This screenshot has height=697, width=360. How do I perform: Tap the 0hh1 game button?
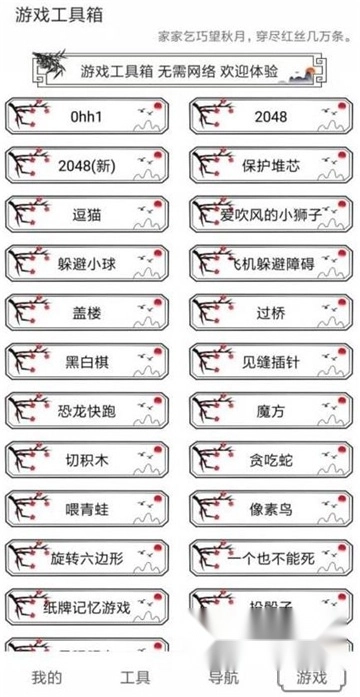click(x=89, y=116)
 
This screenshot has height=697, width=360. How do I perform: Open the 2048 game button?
click(x=271, y=116)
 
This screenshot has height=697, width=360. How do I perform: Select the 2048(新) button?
click(x=89, y=165)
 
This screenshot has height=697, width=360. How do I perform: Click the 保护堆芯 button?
click(x=271, y=165)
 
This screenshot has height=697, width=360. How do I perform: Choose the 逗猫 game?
click(x=89, y=214)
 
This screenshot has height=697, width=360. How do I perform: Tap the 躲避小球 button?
click(x=89, y=263)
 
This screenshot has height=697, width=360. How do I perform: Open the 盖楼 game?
click(x=89, y=312)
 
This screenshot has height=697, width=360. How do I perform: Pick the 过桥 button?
click(x=271, y=312)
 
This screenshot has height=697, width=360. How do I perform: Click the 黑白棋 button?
click(x=89, y=361)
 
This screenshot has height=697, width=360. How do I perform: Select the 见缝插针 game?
click(x=271, y=361)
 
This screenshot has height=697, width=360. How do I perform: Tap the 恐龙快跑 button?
click(x=89, y=410)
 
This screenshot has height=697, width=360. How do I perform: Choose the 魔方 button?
click(x=271, y=410)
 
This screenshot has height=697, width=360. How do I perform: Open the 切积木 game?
click(x=89, y=459)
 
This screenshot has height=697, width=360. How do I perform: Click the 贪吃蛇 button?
click(x=271, y=459)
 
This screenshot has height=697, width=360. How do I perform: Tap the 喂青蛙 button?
click(x=89, y=508)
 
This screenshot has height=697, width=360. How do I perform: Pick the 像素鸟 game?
click(x=271, y=508)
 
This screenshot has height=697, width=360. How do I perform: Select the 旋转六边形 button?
click(x=89, y=557)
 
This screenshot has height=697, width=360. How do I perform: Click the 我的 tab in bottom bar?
click(x=46, y=677)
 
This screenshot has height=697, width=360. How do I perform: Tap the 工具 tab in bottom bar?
click(x=134, y=677)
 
